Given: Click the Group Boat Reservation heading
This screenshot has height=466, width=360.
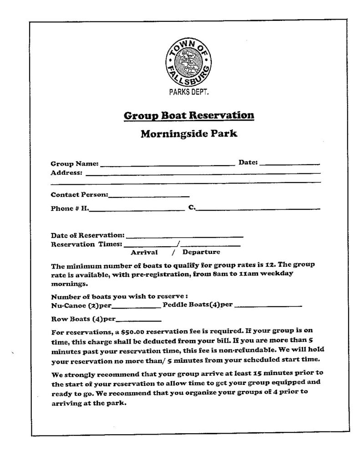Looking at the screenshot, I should [189, 116].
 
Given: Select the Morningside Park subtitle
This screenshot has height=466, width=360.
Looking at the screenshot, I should [189, 134].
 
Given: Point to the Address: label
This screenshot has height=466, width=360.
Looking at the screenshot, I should [66, 173].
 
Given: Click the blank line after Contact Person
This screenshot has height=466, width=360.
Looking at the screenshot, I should [149, 196].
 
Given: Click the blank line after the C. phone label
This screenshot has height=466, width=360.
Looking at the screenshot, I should [258, 209].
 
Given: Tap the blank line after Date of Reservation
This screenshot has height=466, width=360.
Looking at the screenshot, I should [184, 237].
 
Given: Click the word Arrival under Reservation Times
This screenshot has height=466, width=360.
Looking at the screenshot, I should [144, 252].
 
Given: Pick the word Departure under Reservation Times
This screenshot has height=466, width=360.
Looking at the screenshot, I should [201, 252].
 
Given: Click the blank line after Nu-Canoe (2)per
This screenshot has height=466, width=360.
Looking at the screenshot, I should [136, 306].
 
